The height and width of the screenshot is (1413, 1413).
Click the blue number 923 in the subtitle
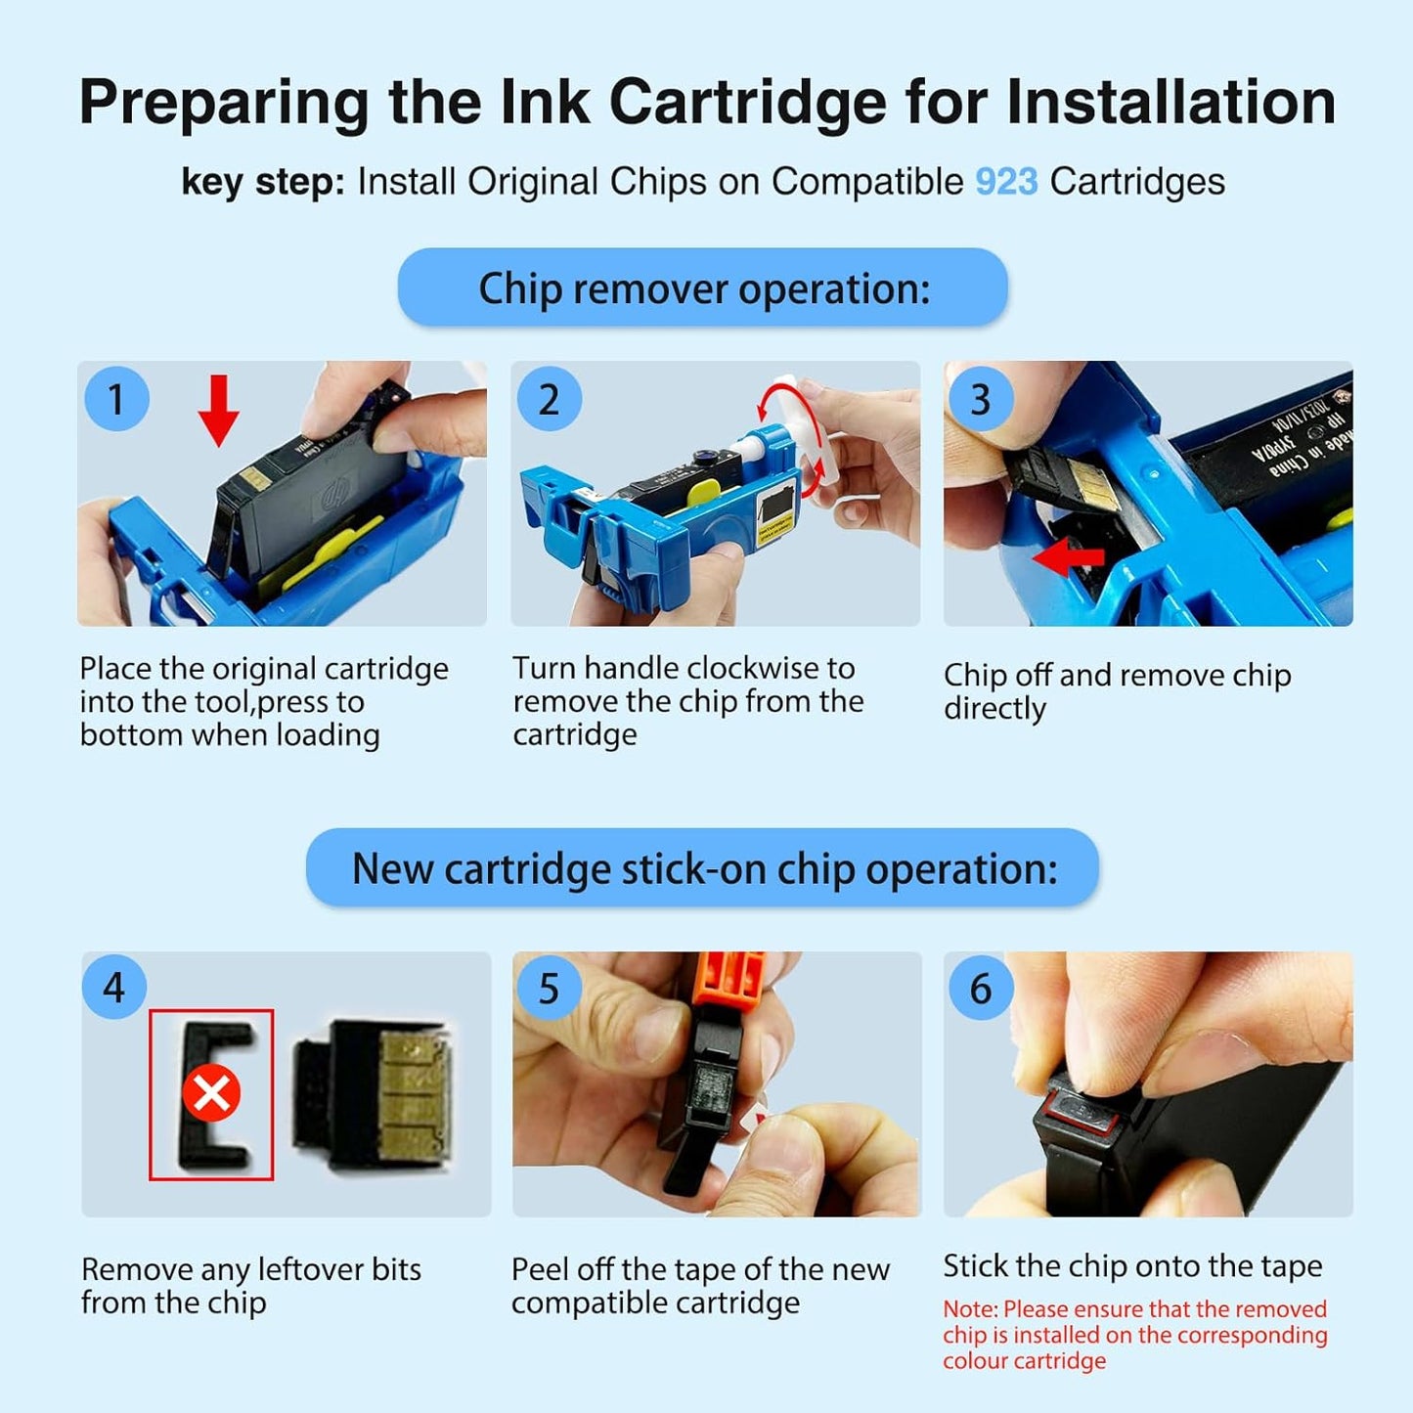point(1006,182)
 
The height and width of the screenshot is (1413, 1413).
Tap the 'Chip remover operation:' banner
point(702,287)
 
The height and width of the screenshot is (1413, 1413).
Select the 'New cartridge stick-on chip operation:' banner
point(702,868)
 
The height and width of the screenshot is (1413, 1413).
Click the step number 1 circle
point(116,399)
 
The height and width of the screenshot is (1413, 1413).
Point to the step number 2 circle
point(549,399)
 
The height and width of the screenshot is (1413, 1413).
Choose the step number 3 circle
point(980,399)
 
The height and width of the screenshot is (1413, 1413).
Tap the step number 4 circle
point(114,988)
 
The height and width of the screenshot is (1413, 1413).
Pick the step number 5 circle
point(549,988)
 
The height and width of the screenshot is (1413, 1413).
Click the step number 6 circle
point(980,988)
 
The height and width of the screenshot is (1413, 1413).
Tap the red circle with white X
point(211,1092)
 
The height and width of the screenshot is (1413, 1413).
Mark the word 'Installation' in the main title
point(1170,102)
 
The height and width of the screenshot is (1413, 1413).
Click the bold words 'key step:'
point(262,182)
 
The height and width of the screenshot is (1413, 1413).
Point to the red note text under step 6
point(1134,1335)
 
